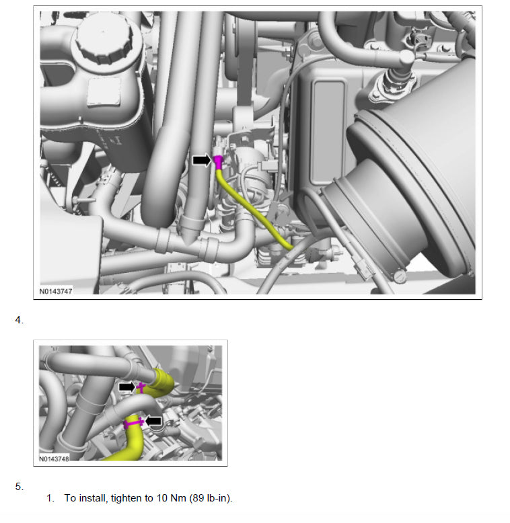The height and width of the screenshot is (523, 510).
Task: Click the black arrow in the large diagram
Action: point(202,161)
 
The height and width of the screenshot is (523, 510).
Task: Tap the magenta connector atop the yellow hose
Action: point(218,163)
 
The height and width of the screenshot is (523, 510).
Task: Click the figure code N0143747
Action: point(56,291)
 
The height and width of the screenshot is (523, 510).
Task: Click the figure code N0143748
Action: point(54,458)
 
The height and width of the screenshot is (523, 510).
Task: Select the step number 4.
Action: point(19,320)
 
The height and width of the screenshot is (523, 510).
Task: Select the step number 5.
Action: point(19,487)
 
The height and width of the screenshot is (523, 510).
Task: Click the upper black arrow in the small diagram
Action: point(127,387)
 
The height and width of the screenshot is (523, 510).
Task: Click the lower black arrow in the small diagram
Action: point(153,421)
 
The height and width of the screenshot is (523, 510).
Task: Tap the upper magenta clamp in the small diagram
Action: point(141,388)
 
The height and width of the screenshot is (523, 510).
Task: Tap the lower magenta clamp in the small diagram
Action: point(133,424)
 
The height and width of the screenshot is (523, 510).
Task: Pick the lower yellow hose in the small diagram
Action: point(129,440)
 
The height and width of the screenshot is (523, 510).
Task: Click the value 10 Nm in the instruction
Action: point(171,498)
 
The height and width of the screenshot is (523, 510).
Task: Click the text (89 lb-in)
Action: point(211,498)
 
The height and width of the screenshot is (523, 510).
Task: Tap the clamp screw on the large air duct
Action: point(400,276)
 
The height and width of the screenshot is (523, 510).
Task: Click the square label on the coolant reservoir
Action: point(104,91)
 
